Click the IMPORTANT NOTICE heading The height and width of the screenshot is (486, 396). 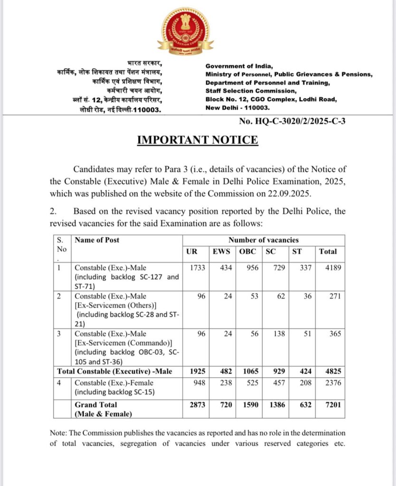[198, 140]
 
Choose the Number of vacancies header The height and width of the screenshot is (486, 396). [264, 240]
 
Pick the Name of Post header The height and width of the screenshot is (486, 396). [97, 240]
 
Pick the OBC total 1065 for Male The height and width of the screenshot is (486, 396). [248, 371]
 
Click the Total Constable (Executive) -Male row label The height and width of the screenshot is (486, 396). [114, 371]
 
